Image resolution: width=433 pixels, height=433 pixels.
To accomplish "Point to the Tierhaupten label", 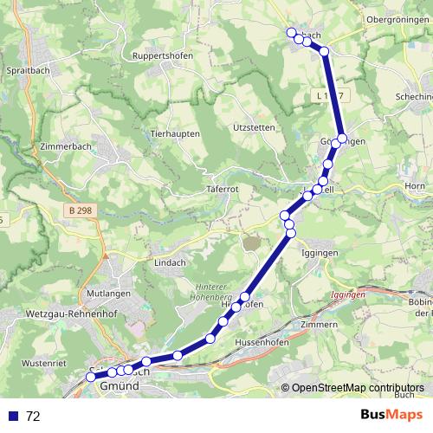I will [x=175, y=134].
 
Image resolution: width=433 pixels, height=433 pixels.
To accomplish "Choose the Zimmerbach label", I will [x=63, y=147].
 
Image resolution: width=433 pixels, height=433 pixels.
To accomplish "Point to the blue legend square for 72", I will [x=13, y=416].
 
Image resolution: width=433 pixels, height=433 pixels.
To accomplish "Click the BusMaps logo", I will [x=391, y=415].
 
